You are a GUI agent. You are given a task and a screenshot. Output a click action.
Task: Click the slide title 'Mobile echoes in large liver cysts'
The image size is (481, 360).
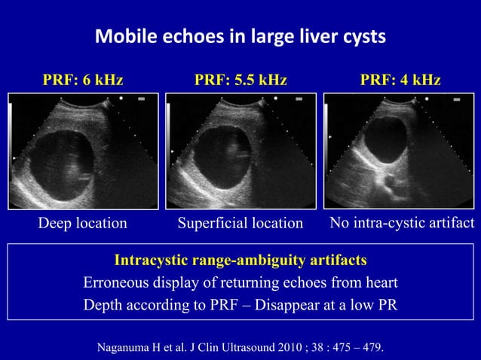pyautogui.click(x=240, y=36)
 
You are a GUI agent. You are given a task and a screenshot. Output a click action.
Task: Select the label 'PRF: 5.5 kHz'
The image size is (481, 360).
pyautogui.click(x=240, y=80)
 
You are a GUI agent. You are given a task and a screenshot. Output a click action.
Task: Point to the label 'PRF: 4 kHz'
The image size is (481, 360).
pyautogui.click(x=400, y=80)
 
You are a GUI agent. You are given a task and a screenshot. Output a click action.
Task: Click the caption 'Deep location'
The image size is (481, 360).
pyautogui.click(x=83, y=223)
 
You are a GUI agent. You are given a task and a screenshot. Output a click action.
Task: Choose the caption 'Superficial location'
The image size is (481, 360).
pyautogui.click(x=240, y=223)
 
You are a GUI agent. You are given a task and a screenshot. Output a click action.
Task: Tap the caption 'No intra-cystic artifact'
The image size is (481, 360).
pyautogui.click(x=402, y=223)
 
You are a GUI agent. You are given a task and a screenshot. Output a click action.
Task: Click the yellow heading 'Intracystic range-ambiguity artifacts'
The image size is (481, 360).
pyautogui.click(x=240, y=261)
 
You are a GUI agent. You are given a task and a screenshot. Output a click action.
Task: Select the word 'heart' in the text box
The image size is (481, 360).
pyautogui.click(x=379, y=283)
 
